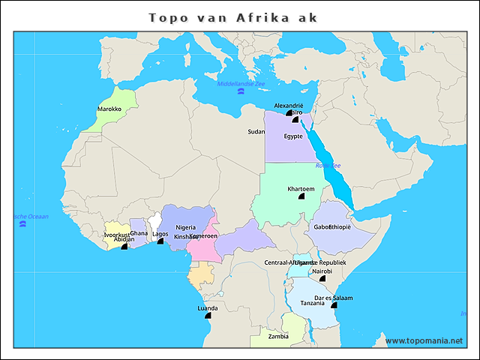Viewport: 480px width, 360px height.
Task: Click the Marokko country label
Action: coord(109,109)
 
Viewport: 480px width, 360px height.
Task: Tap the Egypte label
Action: coord(293,136)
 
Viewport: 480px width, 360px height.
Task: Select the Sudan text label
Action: coord(256,131)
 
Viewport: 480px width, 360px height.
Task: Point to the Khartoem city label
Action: coord(301,188)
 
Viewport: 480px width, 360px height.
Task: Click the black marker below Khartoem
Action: coord(301,196)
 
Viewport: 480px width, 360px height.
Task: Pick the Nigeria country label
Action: coord(185,227)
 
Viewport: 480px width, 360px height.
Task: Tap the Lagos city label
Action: coord(160,233)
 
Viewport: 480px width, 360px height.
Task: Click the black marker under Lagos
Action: coord(160,241)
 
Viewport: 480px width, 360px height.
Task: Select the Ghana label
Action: coord(139,233)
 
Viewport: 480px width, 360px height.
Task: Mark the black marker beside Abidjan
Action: coord(124,247)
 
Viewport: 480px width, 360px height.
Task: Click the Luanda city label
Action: coord(208,307)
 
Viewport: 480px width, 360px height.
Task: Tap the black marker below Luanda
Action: coord(208,316)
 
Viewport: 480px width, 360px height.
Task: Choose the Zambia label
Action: coord(278,336)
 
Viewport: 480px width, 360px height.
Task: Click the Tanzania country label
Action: coord(312,303)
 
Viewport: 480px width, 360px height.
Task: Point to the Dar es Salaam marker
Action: coord(334,306)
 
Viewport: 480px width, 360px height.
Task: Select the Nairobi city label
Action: coord(322,271)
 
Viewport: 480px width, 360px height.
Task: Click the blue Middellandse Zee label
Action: coord(241,83)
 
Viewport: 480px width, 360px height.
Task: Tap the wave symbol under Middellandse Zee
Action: coord(241,91)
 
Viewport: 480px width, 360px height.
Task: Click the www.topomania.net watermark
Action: coord(424,340)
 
